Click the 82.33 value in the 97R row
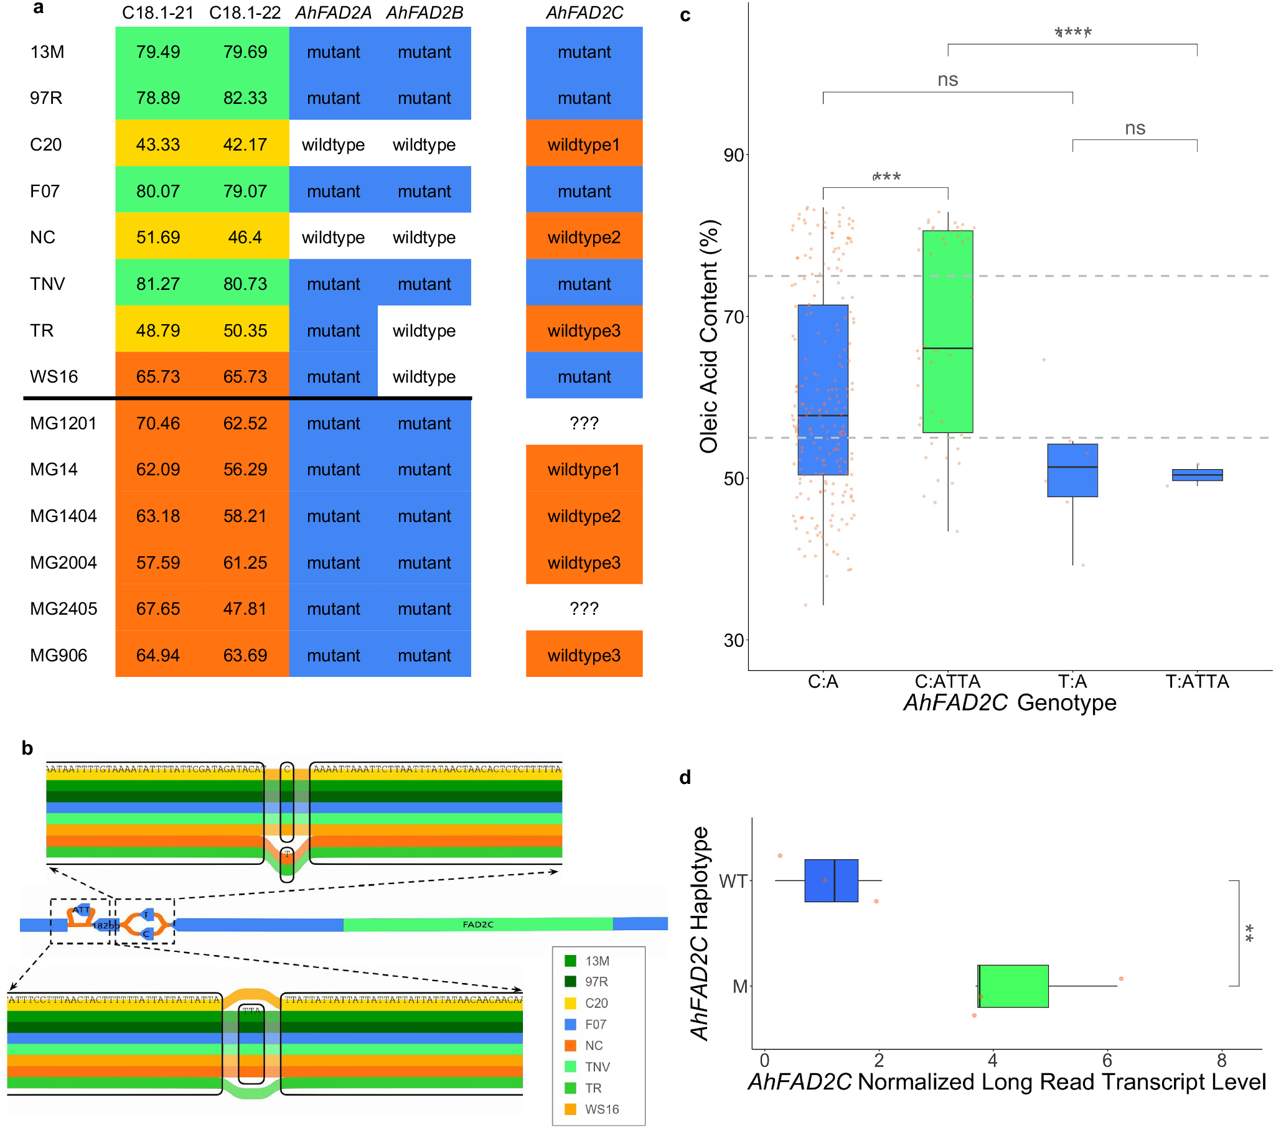pos(245,98)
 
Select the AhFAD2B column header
pos(425,13)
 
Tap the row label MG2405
pos(63,609)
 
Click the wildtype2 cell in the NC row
pos(584,237)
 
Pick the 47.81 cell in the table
pos(245,609)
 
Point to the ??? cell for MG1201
pos(584,423)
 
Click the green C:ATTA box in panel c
pos(947,330)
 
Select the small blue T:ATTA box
pos(1197,475)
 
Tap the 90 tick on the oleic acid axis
pos(734,156)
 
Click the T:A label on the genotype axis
pos(1072,681)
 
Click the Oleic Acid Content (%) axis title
pos(708,337)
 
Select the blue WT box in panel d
pos(831,880)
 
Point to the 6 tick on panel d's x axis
pos(1107,1060)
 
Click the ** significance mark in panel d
pos(1249,933)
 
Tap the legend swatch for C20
pos(570,1003)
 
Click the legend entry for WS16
pos(601,1109)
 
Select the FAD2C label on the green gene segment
pos(477,925)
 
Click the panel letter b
pos(27,748)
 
